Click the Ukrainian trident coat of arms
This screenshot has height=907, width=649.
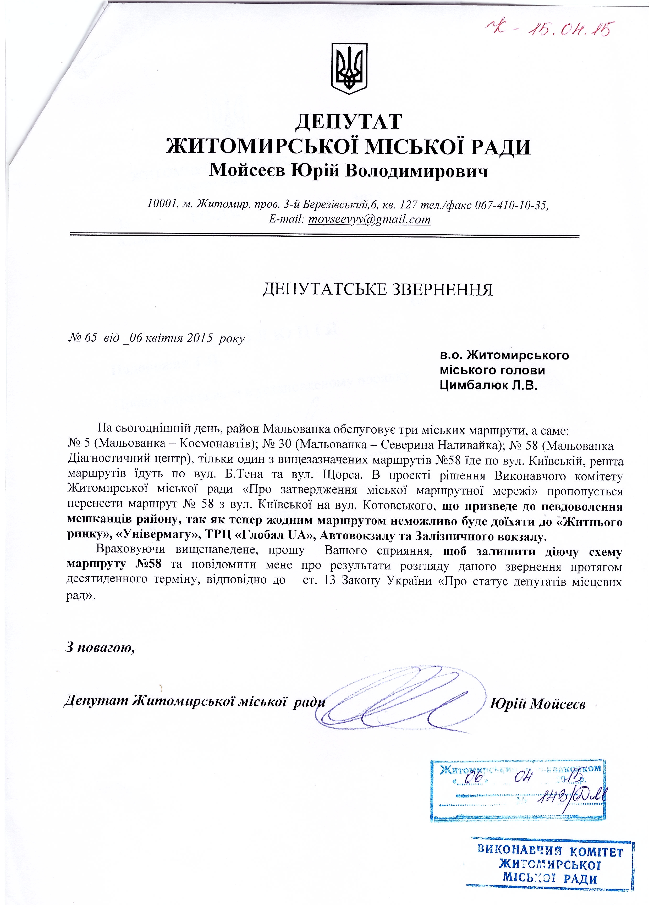point(350,69)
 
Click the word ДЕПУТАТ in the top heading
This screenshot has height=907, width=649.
point(348,121)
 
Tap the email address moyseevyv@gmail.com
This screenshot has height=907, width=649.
point(370,219)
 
